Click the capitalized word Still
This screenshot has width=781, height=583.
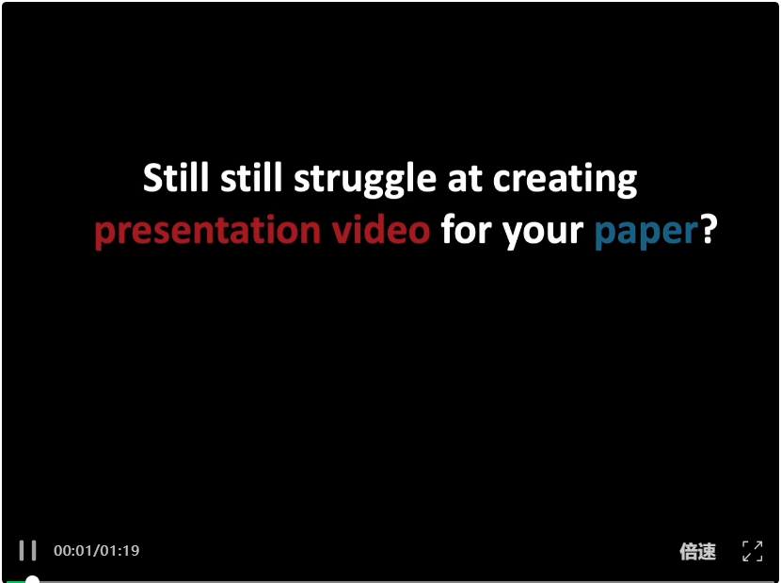[176, 178]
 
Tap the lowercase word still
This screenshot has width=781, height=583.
[251, 178]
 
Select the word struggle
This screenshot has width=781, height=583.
[364, 181]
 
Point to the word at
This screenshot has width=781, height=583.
[465, 180]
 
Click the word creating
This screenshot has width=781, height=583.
[566, 181]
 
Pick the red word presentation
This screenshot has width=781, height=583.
[208, 231]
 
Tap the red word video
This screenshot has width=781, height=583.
[381, 229]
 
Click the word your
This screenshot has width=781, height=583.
[542, 233]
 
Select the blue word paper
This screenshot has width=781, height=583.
[646, 233]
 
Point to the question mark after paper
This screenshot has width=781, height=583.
[709, 229]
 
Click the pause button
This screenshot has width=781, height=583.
[28, 551]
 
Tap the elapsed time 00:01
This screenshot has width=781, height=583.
[73, 551]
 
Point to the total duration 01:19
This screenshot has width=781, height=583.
[120, 551]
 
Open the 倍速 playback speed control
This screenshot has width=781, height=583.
[698, 552]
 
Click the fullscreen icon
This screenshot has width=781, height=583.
[752, 551]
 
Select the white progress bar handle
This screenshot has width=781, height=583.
[32, 580]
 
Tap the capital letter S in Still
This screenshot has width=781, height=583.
[153, 178]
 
